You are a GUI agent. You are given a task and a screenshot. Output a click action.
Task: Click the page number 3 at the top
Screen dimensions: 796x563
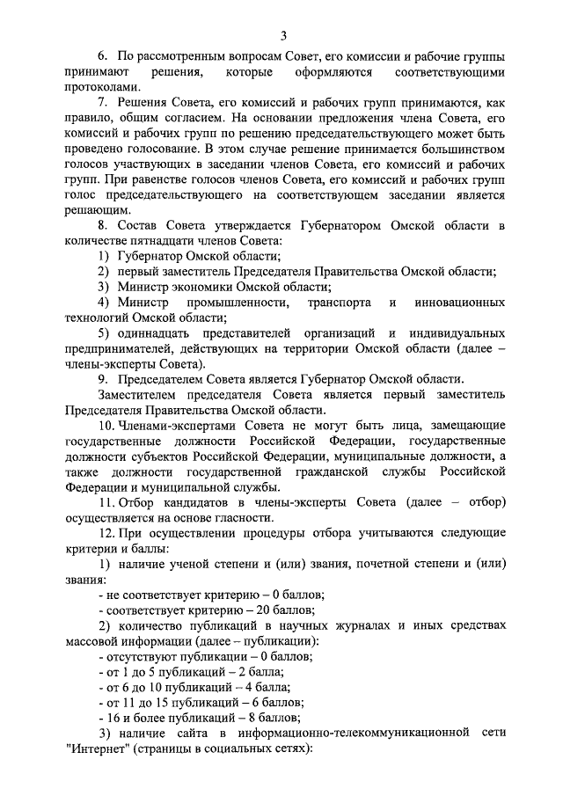click(x=283, y=35)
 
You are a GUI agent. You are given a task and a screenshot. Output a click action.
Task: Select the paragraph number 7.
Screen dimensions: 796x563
click(x=103, y=103)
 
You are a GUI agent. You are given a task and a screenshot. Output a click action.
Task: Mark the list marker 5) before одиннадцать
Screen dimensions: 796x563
click(x=103, y=334)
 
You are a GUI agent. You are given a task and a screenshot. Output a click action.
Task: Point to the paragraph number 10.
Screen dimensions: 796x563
click(x=106, y=426)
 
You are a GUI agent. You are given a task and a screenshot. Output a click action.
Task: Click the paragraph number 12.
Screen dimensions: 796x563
click(x=106, y=534)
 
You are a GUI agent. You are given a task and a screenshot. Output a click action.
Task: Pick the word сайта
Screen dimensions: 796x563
click(x=188, y=733)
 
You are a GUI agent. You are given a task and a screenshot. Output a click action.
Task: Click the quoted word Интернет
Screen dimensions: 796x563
click(x=98, y=749)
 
